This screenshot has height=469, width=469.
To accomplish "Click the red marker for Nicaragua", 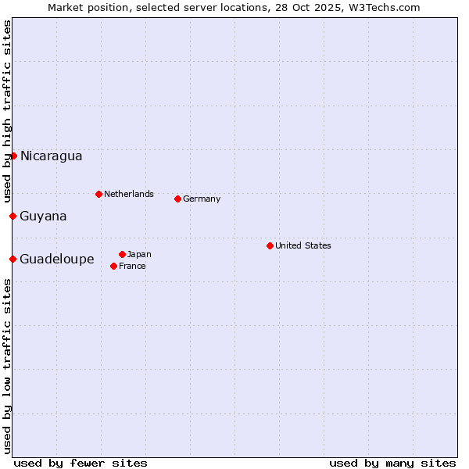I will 13,156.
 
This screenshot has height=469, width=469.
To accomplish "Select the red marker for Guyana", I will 13,216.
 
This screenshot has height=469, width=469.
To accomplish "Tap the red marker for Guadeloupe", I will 13,259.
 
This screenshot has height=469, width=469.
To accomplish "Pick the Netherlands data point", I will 98,194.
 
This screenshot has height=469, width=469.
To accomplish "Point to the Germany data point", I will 177,199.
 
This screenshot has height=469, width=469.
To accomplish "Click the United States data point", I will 270,245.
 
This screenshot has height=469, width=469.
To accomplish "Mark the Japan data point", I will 122,254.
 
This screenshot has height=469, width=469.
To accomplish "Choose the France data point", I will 114,266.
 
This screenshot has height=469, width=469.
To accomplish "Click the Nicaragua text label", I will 51,156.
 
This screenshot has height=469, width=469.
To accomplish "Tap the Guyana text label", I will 43,216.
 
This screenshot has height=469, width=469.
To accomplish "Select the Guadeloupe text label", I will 57,259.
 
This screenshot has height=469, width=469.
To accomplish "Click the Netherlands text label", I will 129,194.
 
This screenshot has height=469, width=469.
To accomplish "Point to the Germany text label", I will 202,199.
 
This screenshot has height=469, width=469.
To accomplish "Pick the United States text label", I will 303,245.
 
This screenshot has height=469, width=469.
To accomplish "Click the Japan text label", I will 139,254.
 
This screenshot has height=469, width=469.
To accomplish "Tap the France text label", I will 132,266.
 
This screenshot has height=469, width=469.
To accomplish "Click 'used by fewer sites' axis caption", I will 81,463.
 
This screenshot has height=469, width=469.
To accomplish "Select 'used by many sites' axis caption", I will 392,463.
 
